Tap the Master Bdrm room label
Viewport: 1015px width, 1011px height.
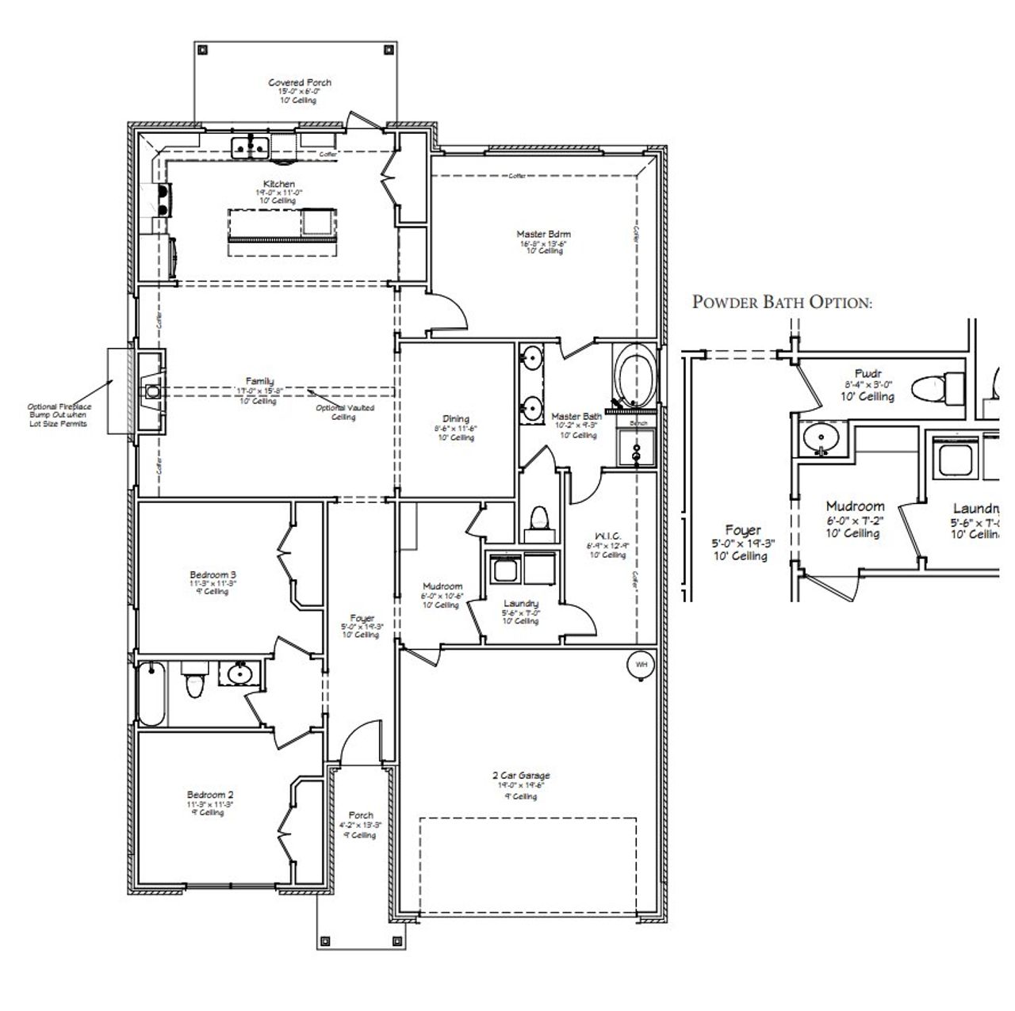[543, 235]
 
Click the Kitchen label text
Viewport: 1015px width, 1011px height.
[279, 185]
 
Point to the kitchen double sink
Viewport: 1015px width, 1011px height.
[251, 147]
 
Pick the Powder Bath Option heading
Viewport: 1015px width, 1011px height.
[782, 302]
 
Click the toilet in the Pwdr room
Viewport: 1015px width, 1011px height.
[933, 389]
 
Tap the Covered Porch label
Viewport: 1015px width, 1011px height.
[300, 82]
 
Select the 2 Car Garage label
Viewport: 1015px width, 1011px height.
[520, 776]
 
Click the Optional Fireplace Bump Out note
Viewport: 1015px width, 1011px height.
[59, 415]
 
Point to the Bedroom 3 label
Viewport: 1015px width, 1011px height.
[213, 575]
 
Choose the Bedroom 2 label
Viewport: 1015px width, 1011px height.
[210, 795]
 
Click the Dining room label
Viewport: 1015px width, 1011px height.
[456, 419]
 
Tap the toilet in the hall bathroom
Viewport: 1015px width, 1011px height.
[193, 684]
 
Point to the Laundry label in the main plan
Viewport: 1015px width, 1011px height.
[520, 604]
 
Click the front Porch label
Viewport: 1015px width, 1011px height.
[361, 815]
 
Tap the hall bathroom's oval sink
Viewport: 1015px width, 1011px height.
[239, 674]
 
